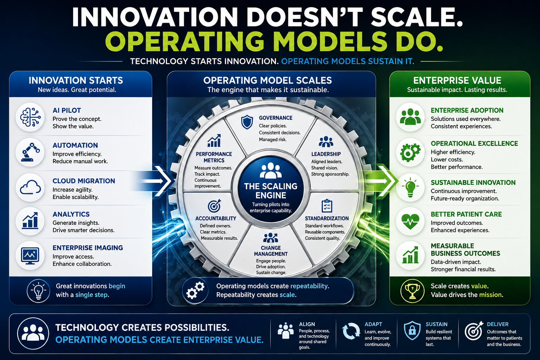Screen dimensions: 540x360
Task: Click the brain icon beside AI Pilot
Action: coord(30,117)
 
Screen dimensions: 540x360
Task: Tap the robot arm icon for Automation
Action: coord(30,152)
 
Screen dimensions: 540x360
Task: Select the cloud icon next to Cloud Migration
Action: coord(30,187)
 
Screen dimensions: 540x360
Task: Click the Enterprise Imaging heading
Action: coord(88,247)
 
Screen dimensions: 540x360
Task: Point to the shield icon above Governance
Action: coord(247,122)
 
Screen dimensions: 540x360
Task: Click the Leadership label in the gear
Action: coord(326,154)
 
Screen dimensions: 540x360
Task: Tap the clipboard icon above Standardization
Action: coord(327,206)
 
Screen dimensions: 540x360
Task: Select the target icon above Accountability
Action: coord(214,206)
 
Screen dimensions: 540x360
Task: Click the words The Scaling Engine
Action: coord(271,191)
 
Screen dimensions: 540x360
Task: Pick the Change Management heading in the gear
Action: coord(271,251)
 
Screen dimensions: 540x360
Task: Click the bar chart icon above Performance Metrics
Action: coord(214,141)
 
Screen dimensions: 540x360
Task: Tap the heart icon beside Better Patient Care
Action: coord(410,221)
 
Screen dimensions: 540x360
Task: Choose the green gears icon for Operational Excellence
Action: coord(410,152)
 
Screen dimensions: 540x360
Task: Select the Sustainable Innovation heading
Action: coord(473,182)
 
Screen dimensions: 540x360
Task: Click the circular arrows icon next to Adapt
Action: coord(351,331)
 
